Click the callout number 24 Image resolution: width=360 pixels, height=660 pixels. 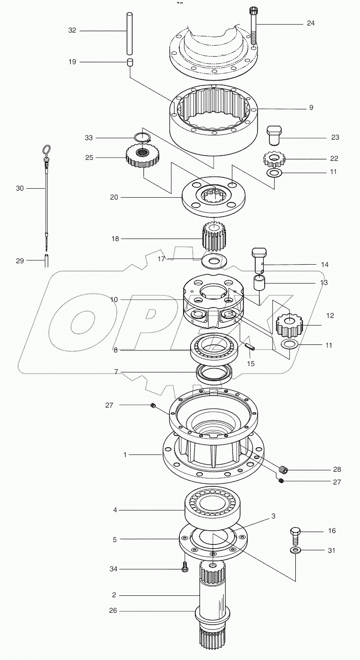[310, 23]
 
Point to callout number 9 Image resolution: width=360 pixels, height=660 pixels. [311, 108]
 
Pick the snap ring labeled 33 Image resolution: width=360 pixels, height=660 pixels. [142, 138]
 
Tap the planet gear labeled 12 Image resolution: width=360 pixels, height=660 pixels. [288, 325]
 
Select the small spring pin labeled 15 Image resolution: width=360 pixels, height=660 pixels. [250, 348]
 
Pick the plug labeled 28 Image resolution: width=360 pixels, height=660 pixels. [284, 470]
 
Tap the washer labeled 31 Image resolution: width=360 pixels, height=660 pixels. [296, 551]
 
